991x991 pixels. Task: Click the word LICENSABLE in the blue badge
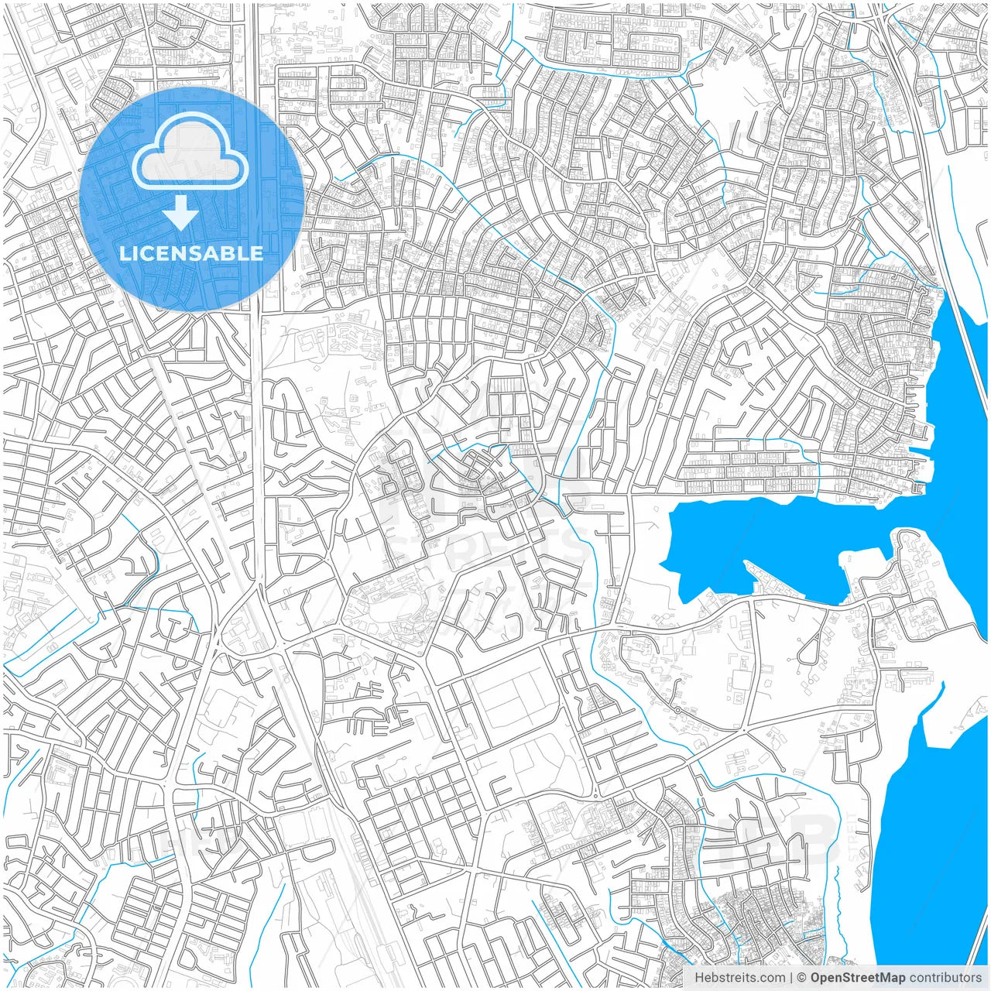(191, 253)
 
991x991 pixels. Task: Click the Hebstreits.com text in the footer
(739, 978)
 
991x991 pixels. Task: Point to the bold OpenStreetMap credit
(857, 978)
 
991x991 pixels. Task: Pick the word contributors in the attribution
(945, 978)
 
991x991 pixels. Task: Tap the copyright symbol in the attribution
(802, 978)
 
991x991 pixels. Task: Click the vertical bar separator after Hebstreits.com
(791, 978)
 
